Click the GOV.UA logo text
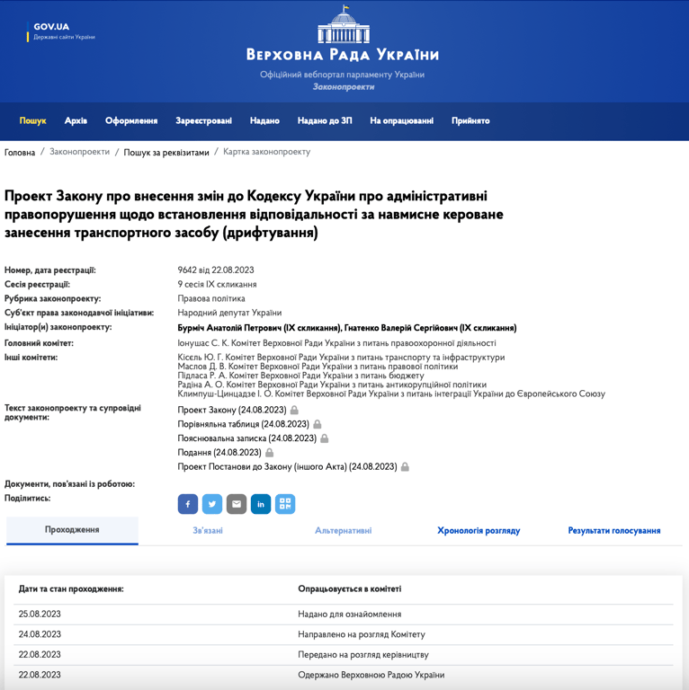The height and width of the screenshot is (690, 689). coord(51,26)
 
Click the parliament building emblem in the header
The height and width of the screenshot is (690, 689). coord(344,25)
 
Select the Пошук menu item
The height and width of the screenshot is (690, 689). coord(33,120)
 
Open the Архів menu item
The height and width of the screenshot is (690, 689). coord(76,120)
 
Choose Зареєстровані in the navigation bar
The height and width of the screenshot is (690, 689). coord(203,120)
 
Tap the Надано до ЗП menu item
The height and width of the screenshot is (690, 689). coord(325,120)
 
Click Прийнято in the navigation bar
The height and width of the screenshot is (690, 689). coord(470,120)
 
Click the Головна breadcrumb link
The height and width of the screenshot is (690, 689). coord(20,153)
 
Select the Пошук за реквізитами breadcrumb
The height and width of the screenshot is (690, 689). coord(166,153)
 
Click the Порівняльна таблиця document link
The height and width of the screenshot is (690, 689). coord(243,424)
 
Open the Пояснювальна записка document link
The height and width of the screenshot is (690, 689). coord(246,438)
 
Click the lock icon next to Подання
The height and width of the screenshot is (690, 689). coord(269,453)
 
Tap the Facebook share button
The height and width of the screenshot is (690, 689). coord(188,504)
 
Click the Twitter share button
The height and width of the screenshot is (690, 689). coord(212,504)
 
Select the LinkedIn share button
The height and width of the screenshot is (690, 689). coord(261,504)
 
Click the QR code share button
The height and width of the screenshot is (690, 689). coord(285,504)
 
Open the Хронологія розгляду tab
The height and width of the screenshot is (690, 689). coord(479,531)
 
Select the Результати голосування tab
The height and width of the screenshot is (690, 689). coord(614,531)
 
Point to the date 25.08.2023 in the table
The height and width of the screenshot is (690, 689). coord(40,615)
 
